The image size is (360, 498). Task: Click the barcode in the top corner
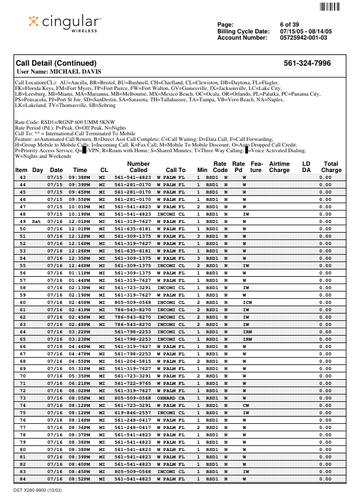[329, 7]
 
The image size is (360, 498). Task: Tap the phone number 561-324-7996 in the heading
[307, 63]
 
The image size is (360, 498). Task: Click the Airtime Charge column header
[279, 166]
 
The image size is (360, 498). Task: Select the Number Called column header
[138, 166]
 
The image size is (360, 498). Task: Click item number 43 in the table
[23, 177]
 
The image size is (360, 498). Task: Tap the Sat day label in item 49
[37, 221]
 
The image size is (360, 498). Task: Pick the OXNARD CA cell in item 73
[171, 398]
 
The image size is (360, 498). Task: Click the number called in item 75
[132, 413]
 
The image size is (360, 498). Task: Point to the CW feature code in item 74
[246, 405]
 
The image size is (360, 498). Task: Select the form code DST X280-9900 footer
[37, 490]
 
